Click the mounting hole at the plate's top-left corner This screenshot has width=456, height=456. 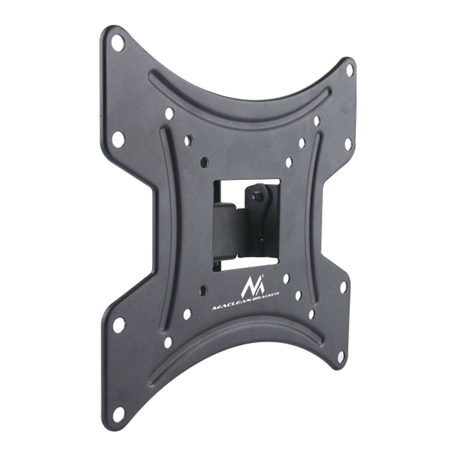tap(118, 43)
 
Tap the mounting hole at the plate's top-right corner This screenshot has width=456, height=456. tap(350, 70)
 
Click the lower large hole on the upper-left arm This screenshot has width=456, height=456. tap(118, 139)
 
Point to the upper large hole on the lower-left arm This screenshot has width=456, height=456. tap(118, 325)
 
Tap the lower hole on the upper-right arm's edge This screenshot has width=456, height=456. tap(348, 144)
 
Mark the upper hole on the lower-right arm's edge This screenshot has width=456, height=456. tap(343, 287)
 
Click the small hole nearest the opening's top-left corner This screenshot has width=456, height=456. tap(204, 163)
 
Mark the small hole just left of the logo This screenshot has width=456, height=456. tap(203, 291)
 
